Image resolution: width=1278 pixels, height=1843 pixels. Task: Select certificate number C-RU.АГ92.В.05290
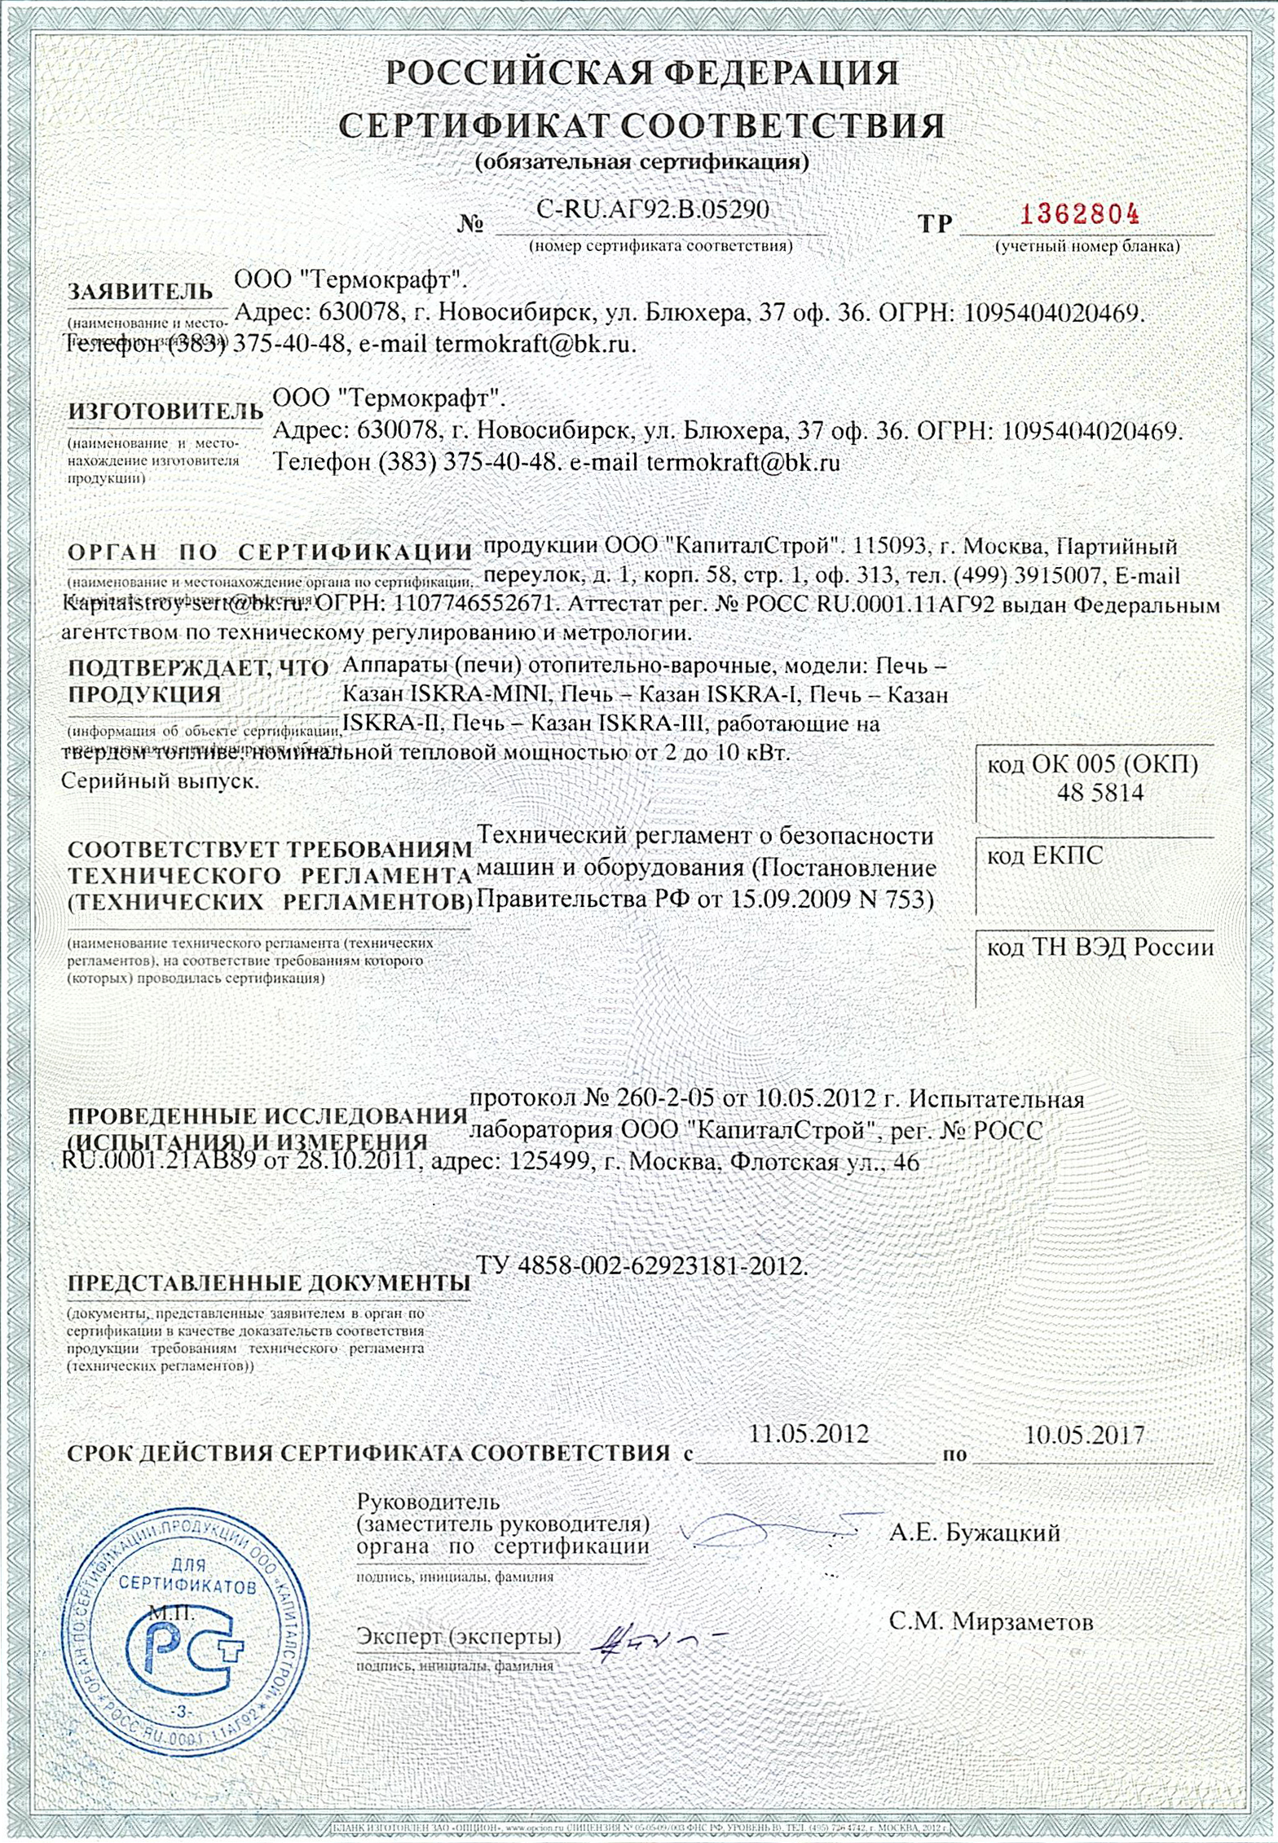652,209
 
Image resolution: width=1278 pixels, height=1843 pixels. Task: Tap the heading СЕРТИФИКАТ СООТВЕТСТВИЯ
641,125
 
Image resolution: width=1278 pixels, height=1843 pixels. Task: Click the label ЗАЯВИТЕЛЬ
140,292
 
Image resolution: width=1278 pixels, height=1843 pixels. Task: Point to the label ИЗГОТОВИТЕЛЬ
165,411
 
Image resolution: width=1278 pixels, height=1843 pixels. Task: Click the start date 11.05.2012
809,1434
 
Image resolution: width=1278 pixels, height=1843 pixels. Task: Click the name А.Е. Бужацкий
975,1533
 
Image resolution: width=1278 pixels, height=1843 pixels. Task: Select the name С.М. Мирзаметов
990,1621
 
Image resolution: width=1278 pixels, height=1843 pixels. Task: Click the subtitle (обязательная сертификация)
641,162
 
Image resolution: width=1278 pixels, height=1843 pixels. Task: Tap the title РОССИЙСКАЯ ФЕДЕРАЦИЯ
641,73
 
